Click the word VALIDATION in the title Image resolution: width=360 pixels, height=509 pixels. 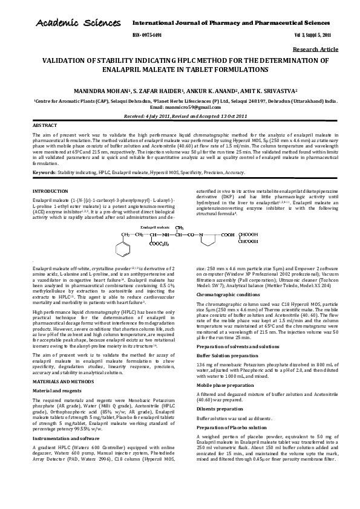pos(65,61)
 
